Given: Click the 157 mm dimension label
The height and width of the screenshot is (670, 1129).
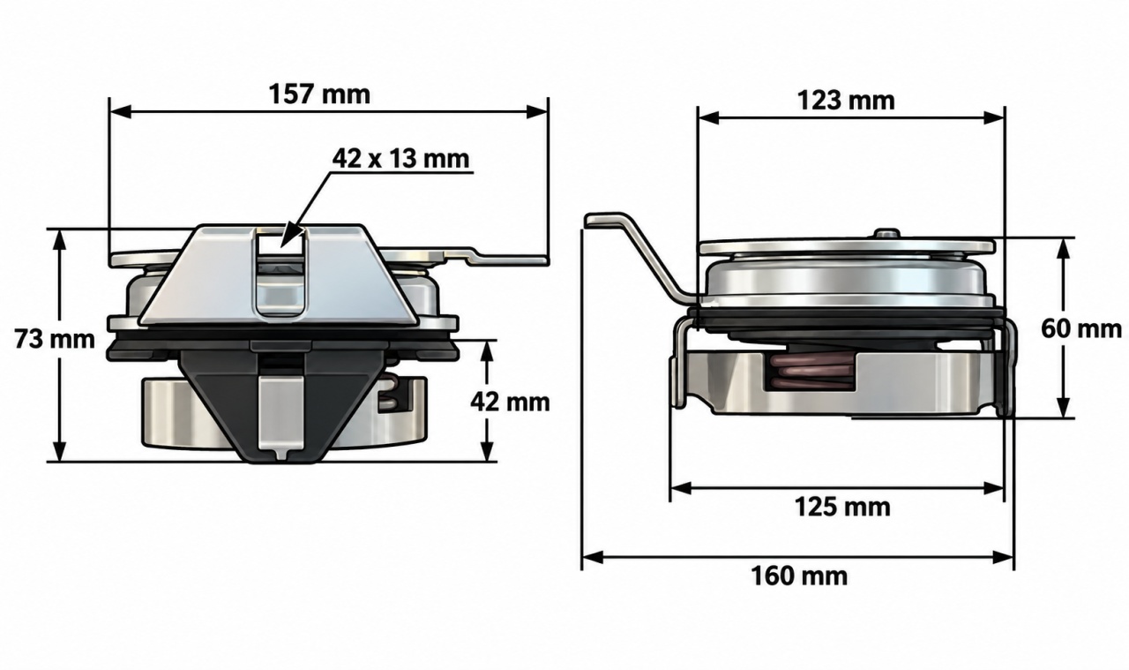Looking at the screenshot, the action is [x=319, y=94].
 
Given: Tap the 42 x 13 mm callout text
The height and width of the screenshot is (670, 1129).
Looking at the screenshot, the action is [x=400, y=158].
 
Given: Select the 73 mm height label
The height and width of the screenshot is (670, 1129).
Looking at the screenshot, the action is [x=55, y=339].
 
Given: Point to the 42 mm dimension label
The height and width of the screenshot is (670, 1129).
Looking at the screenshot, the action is [x=510, y=403].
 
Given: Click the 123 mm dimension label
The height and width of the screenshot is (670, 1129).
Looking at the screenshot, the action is [x=846, y=101].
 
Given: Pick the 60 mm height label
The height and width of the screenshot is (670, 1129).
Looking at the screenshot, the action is [x=1081, y=329].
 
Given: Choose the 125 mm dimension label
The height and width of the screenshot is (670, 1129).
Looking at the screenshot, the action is [x=842, y=507].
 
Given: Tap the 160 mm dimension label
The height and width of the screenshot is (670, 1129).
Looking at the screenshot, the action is [x=799, y=576].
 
